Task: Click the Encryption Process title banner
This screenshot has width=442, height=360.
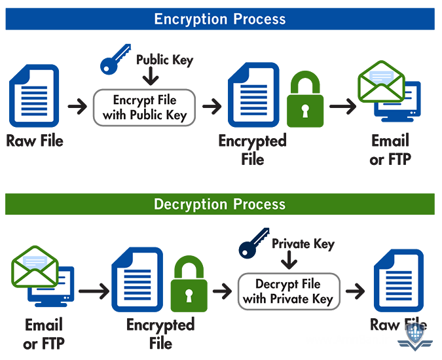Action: click(x=220, y=18)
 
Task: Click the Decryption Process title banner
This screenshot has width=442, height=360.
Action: click(x=220, y=204)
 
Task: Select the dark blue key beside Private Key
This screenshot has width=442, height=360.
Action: click(x=253, y=243)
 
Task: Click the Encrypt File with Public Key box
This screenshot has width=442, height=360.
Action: click(x=145, y=108)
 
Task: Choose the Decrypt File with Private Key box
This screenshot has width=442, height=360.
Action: click(x=288, y=292)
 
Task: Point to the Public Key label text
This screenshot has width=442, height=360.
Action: click(x=165, y=60)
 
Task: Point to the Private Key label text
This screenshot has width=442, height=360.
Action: click(x=303, y=244)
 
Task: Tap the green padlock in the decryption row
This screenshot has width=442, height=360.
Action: click(x=188, y=285)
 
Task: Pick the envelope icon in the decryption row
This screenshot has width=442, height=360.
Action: click(x=35, y=266)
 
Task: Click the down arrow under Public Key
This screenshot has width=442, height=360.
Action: click(x=151, y=77)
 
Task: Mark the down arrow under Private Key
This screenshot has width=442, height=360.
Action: click(x=288, y=262)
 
